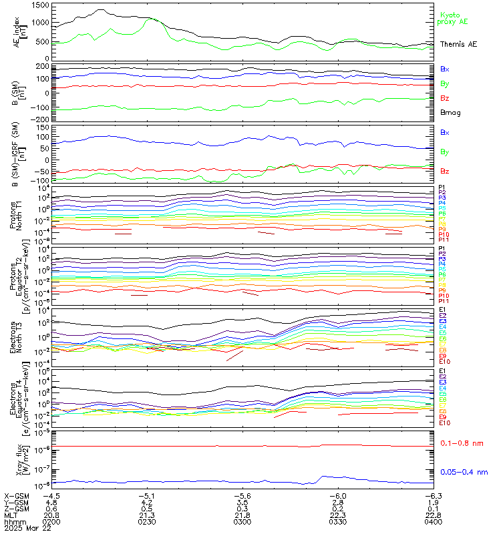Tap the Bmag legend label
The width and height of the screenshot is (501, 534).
tap(450, 112)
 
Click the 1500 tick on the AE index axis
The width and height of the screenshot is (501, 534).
tap(39, 5)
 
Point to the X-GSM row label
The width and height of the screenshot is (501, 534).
tap(16, 496)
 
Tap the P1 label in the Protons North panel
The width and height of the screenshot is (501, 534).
tap(442, 188)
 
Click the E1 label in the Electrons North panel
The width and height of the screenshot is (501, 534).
tap(442, 310)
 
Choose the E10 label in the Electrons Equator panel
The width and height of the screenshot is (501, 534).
tap(444, 423)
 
